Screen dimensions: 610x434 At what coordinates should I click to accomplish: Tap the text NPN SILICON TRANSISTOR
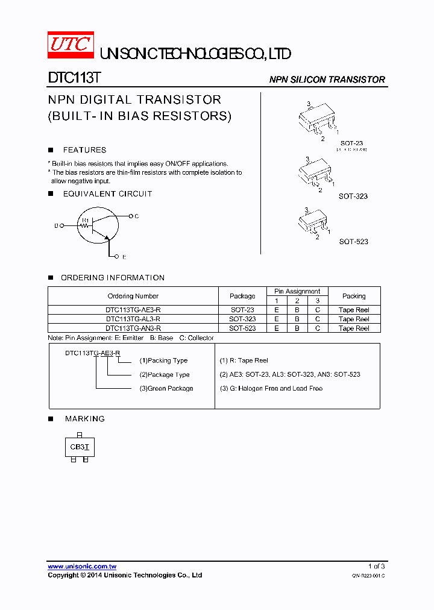[327, 80]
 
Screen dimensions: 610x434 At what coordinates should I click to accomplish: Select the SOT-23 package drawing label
[351, 143]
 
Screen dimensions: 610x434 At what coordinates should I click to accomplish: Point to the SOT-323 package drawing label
[353, 197]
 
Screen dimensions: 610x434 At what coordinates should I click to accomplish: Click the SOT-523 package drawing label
[353, 242]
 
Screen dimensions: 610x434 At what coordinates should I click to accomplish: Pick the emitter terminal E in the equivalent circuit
[123, 257]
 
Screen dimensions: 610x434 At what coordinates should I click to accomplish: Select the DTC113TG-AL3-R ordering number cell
[133, 319]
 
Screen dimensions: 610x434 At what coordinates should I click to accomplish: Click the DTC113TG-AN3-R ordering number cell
[133, 329]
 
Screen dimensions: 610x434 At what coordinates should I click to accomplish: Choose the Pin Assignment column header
[297, 291]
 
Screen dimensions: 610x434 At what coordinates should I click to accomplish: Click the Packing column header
[354, 296]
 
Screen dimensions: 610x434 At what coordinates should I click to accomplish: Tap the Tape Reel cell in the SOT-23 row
[354, 310]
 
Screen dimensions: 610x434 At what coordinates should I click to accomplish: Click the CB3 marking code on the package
[77, 447]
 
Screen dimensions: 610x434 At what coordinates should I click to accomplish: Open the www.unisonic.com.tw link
[82, 567]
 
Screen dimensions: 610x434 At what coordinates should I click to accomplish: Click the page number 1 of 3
[377, 567]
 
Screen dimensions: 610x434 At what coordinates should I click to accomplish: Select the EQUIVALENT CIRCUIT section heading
[107, 194]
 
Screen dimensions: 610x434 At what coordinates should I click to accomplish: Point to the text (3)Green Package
[166, 389]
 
